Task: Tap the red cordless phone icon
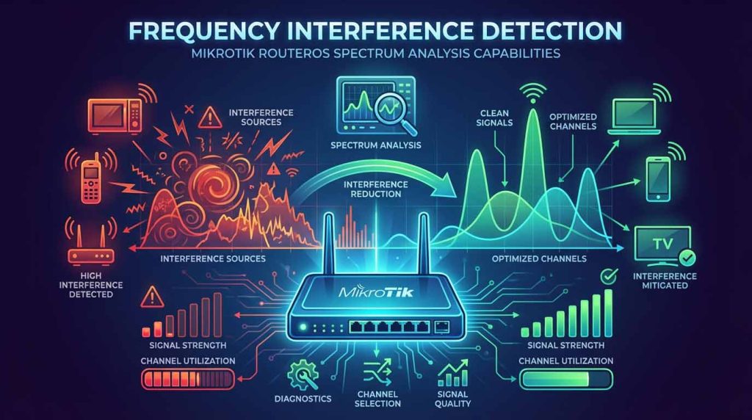tap(90, 178)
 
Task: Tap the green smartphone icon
tap(658, 178)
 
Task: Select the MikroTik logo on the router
tap(376, 292)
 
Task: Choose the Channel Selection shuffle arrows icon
tap(377, 372)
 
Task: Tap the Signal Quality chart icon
tap(452, 373)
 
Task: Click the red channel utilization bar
tap(188, 380)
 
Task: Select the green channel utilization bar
tap(566, 380)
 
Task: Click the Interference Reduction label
tap(375, 189)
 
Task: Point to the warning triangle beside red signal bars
tap(153, 297)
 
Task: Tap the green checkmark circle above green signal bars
tap(609, 277)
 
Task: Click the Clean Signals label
tap(494, 118)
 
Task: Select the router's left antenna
tap(329, 245)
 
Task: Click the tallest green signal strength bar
tap(608, 313)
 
